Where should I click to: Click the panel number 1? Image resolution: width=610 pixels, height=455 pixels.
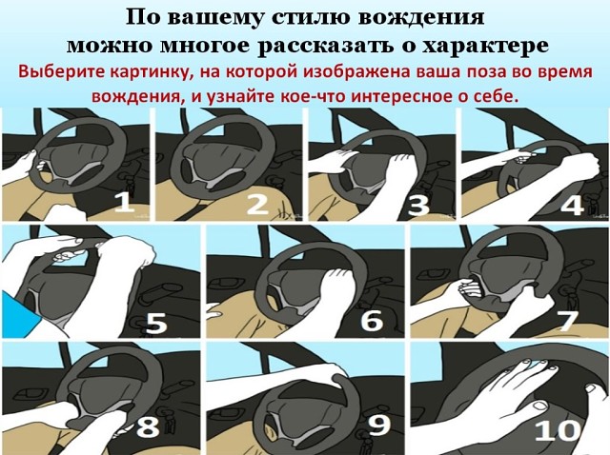coord(125,204)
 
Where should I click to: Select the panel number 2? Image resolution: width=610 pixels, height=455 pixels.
coord(258,204)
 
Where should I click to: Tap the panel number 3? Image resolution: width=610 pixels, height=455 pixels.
coord(418,205)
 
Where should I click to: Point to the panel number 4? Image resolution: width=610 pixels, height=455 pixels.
coord(572,204)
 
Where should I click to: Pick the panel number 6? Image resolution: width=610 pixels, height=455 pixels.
coord(372,320)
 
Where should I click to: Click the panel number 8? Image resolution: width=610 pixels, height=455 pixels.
coord(149,426)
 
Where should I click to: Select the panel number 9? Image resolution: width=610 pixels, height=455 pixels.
coord(379,425)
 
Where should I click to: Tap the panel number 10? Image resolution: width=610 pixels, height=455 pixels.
coord(558,430)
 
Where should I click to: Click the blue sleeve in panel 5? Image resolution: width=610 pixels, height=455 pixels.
coord(20,314)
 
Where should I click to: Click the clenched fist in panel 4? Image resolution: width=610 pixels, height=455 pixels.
coord(586,165)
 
